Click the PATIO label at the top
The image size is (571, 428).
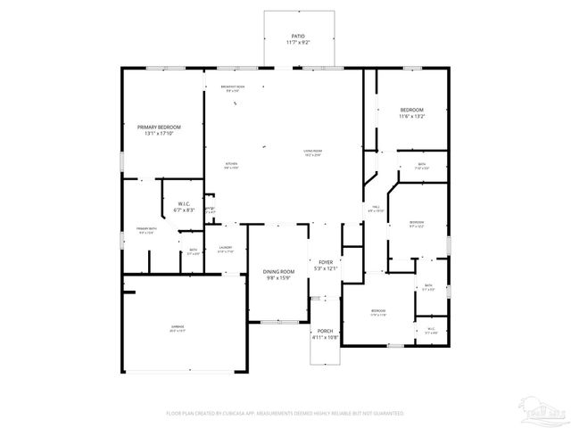296,36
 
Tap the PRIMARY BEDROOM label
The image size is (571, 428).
159,128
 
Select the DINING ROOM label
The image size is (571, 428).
278,271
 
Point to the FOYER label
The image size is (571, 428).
327,262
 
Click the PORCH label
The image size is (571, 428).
325,331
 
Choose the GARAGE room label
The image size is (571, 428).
178,327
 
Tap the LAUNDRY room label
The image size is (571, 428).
226,248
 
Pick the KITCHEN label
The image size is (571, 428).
231,164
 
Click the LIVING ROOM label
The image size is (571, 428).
312,152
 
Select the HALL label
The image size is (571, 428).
377,207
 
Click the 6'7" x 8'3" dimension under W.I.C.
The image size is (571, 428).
185,210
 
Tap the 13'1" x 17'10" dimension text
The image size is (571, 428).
159,135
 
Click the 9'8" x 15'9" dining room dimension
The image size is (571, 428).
278,278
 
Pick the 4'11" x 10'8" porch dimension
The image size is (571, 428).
325,337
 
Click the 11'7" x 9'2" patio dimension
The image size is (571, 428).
296,43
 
